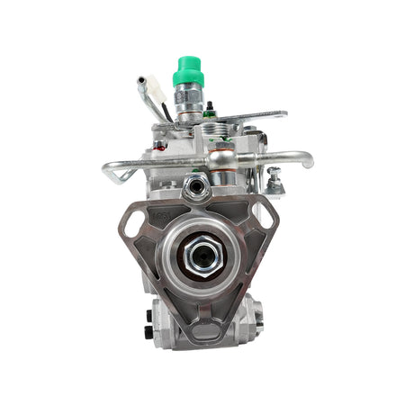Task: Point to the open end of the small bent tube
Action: coord(141,82)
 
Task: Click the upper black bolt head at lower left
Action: coord(148,317)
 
